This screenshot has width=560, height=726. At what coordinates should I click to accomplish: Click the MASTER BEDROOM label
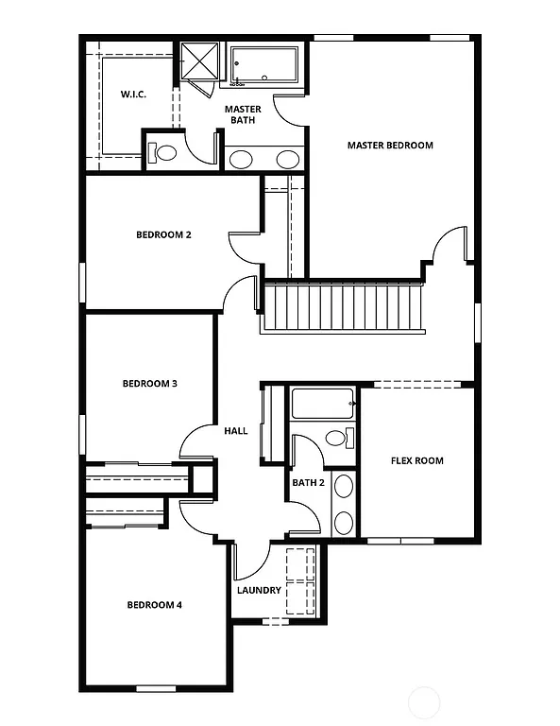click(390, 146)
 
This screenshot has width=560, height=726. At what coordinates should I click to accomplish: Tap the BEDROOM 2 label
click(163, 234)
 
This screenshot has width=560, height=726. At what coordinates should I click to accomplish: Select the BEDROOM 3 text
click(150, 384)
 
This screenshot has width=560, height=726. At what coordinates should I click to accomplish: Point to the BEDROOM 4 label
click(155, 605)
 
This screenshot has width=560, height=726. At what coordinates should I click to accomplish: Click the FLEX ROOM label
click(416, 461)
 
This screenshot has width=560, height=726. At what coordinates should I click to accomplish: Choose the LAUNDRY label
click(259, 591)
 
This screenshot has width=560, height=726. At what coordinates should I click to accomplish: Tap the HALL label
click(235, 431)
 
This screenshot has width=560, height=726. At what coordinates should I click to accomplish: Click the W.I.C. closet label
click(133, 95)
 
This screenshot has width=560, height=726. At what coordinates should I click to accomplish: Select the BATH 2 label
click(308, 483)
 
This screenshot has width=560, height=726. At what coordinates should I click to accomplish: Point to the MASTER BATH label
click(243, 114)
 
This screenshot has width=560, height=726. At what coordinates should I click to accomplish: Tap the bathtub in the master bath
click(264, 65)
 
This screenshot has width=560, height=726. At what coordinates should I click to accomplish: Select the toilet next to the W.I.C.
click(164, 152)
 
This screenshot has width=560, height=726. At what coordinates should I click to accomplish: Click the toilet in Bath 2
click(336, 438)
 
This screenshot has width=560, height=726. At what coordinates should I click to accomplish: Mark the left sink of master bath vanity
click(242, 159)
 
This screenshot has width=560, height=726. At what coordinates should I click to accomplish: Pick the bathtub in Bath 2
click(321, 404)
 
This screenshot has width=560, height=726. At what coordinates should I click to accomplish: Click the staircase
click(342, 307)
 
